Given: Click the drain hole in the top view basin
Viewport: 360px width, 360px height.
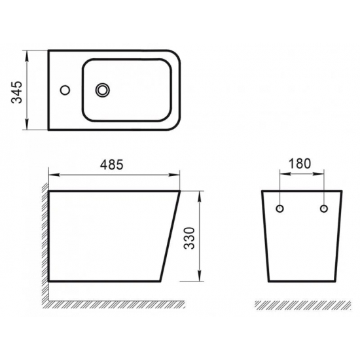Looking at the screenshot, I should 103,89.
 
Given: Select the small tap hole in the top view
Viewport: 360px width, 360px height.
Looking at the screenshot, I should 65,89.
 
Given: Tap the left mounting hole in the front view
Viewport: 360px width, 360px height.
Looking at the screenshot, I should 279,209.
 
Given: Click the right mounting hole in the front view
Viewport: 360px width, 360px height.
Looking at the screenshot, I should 323,209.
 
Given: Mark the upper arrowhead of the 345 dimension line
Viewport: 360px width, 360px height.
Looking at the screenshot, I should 27,52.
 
